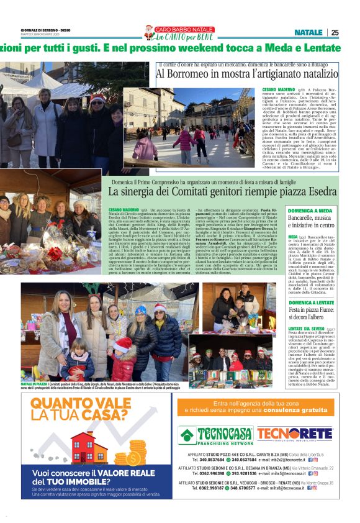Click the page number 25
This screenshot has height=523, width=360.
click(x=335, y=32)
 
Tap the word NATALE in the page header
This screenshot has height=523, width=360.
click(x=308, y=32)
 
